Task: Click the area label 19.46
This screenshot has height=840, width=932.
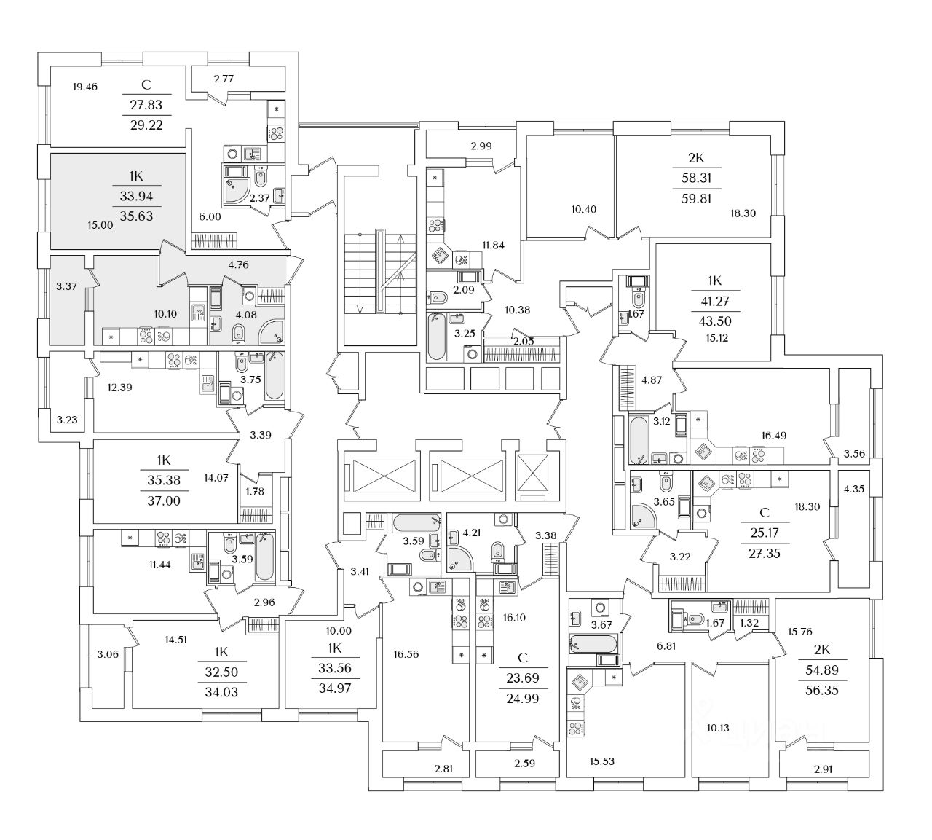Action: tap(85, 87)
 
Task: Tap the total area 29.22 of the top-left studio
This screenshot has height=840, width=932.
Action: tap(146, 125)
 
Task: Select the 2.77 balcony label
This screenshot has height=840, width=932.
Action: tap(224, 79)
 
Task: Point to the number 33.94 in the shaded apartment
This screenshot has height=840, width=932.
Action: tap(136, 196)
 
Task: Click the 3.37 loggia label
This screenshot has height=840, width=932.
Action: tap(66, 286)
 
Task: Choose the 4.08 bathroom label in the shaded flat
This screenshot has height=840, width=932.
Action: tap(246, 315)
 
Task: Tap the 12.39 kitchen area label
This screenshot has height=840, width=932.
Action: tap(120, 388)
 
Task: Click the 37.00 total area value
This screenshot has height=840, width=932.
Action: tap(164, 501)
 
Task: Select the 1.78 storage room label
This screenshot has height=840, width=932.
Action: tap(255, 491)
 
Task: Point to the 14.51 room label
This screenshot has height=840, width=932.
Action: tap(175, 640)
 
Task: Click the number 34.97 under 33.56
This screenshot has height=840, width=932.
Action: tap(334, 688)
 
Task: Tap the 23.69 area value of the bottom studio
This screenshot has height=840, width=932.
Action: tap(523, 678)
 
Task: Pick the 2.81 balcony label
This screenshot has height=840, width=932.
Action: tap(443, 769)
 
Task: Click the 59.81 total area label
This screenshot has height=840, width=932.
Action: tap(696, 198)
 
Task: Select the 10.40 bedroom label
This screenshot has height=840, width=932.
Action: tap(583, 209)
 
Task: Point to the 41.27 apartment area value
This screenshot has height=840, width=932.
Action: tap(714, 301)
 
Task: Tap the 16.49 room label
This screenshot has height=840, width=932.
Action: tap(773, 436)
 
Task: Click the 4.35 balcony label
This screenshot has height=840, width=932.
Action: tap(854, 489)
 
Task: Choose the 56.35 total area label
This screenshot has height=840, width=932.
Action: tap(822, 691)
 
